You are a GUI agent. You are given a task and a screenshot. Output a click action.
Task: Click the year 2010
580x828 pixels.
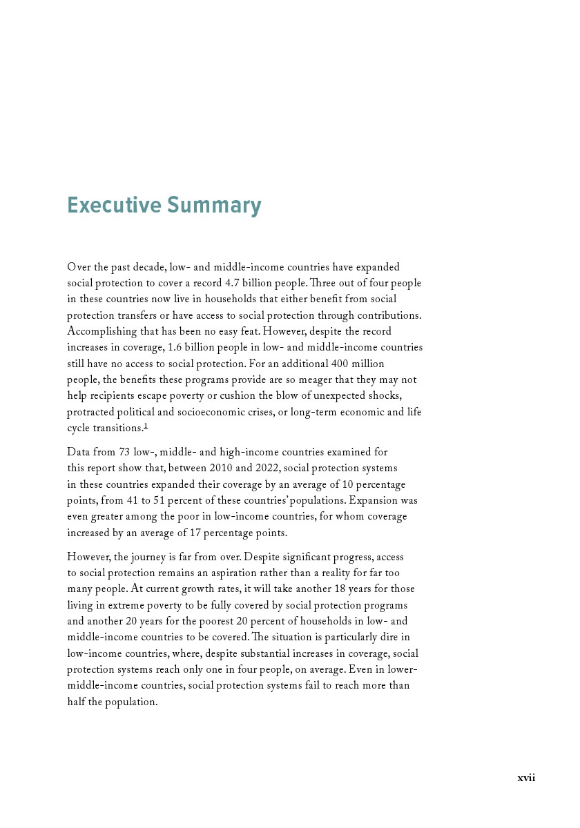220,469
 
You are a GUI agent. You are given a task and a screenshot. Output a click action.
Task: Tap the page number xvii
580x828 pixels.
526,778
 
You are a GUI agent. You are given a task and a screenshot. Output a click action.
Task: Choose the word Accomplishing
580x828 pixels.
100,332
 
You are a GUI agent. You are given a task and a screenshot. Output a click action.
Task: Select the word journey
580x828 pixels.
144,557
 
